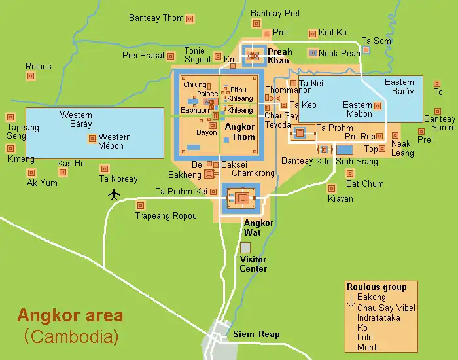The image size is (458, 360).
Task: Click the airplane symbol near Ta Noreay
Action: [115, 193]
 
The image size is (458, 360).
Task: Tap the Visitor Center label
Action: [253, 264]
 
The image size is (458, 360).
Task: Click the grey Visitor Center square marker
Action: [245, 248]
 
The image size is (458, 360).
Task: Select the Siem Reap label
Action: [256, 334]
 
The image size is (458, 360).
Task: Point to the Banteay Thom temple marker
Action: [190, 19]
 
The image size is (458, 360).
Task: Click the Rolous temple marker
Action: [31, 77]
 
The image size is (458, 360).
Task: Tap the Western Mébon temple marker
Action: [92, 139]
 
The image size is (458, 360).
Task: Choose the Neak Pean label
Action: [341, 53]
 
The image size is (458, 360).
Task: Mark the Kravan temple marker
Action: [332, 189]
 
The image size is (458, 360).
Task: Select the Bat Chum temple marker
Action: [350, 173]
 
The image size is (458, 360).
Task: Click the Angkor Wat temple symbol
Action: [242, 198]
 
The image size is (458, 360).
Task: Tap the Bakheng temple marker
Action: [209, 173]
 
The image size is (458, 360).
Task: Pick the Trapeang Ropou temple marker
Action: [139, 205]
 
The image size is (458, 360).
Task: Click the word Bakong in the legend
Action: [371, 298]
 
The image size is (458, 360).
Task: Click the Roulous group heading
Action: [377, 287]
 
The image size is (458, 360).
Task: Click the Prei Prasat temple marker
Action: [171, 56]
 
